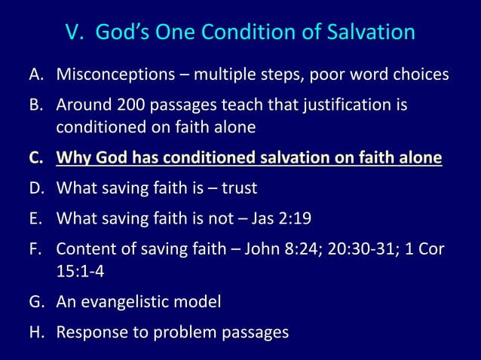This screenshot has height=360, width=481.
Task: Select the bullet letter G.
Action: click(x=38, y=302)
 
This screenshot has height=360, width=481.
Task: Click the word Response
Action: click(x=91, y=332)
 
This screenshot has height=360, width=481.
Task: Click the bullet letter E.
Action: click(x=37, y=218)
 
